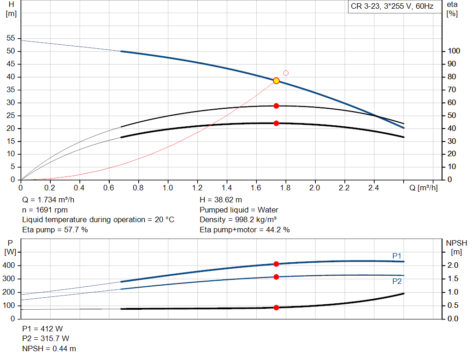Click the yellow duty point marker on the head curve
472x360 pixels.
coord(276,81)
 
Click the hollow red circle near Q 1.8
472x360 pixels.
coord(286,73)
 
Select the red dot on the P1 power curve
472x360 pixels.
coord(276,264)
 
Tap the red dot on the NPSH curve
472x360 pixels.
coord(276,307)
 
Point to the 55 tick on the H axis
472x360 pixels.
coord(11,38)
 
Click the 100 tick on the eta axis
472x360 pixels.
coord(454,51)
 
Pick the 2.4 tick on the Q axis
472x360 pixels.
coord(373,188)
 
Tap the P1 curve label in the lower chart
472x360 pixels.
coord(397,256)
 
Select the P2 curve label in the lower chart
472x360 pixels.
coord(397,281)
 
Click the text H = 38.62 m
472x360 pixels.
coord(221,200)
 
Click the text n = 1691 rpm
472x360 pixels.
coord(45,210)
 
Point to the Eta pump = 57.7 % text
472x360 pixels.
coord(55,230)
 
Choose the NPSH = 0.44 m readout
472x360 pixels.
coord(49,349)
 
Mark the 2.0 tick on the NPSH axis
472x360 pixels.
coord(454,266)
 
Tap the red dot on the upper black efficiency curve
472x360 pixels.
coord(276,106)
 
